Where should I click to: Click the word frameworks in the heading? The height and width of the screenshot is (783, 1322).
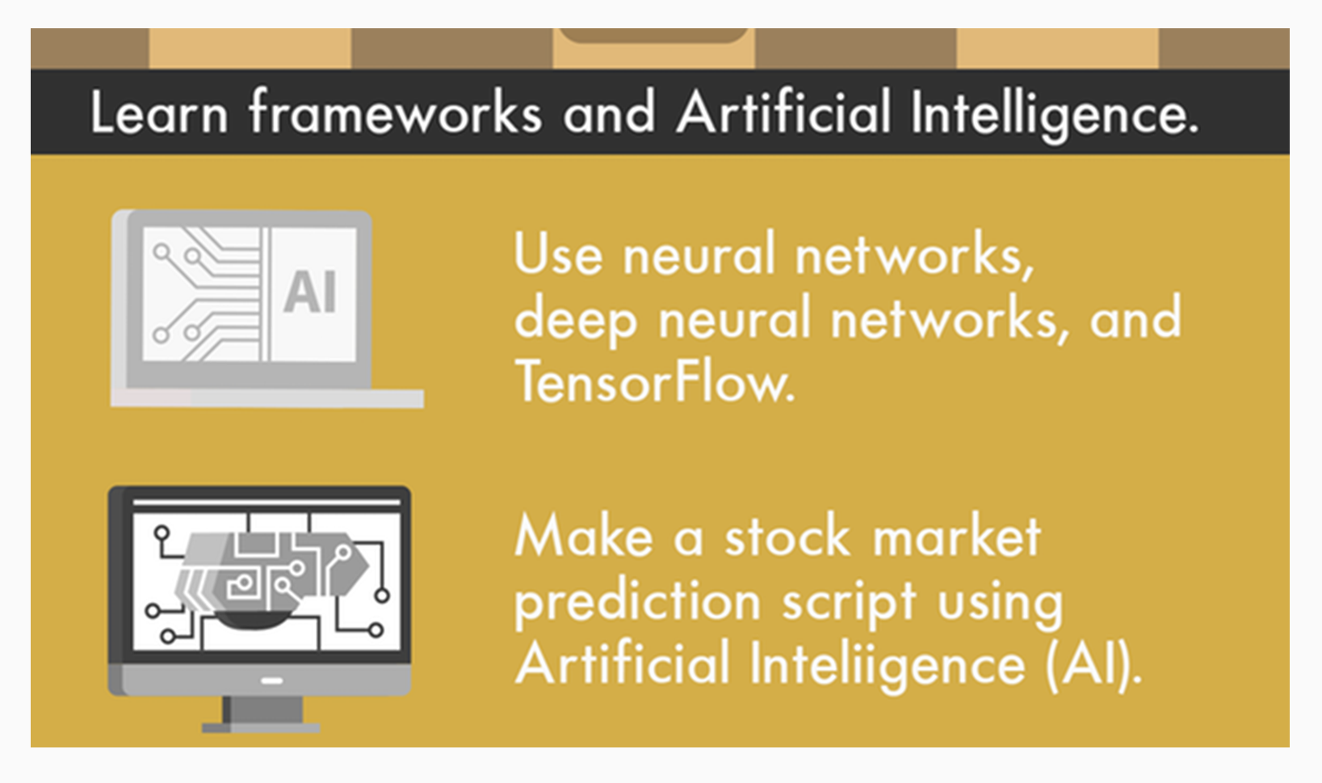point(395,112)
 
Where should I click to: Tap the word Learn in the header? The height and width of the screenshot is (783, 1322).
point(159,112)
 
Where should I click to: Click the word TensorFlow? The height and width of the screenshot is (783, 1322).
point(655,382)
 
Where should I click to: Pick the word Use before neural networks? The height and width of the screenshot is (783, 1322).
point(559,254)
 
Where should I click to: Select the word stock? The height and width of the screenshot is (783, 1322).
point(788,536)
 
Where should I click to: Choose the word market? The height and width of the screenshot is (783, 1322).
point(957,536)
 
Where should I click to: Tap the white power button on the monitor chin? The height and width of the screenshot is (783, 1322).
point(271,681)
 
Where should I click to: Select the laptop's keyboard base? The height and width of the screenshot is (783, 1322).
point(266,398)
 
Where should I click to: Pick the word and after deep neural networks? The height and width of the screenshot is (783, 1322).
point(1135,318)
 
